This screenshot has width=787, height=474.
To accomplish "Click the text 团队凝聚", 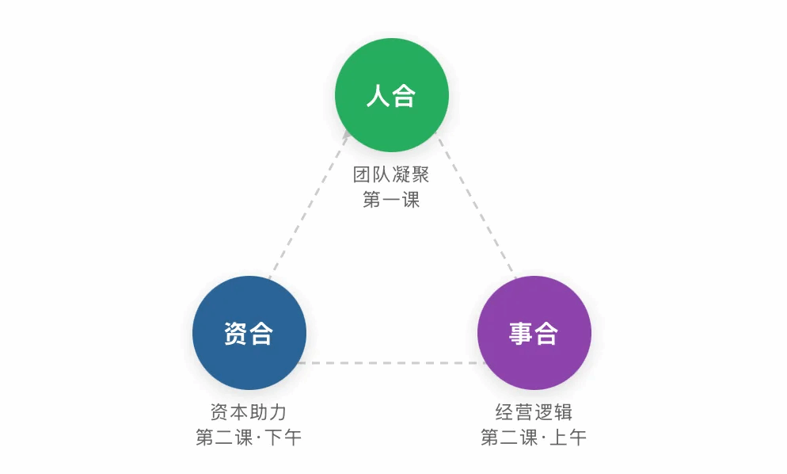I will pyautogui.click(x=391, y=174).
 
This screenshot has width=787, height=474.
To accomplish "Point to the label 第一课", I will pyautogui.click(x=391, y=200).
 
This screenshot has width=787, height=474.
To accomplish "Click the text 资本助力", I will pyautogui.click(x=249, y=412).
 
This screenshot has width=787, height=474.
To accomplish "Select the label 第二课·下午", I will pyautogui.click(x=249, y=438).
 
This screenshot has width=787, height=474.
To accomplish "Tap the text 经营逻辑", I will pyautogui.click(x=534, y=412).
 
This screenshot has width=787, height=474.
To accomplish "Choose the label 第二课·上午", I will pyautogui.click(x=534, y=438).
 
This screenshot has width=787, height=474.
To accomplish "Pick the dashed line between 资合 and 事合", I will pyautogui.click(x=391, y=363).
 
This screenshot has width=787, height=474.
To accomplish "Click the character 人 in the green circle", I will pyautogui.click(x=378, y=97).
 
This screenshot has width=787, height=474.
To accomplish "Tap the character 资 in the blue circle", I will pyautogui.click(x=235, y=334).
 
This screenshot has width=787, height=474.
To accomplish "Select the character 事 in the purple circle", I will pyautogui.click(x=520, y=334).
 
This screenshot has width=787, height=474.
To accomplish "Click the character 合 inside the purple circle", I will pyautogui.click(x=546, y=334).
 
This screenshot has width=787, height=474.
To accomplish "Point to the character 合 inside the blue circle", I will pyautogui.click(x=261, y=334).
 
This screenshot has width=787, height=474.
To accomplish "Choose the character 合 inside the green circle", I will pyautogui.click(x=404, y=97).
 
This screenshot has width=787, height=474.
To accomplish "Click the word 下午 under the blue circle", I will pyautogui.click(x=283, y=438).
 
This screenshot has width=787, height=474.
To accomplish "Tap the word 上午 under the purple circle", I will pyautogui.click(x=568, y=438).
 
